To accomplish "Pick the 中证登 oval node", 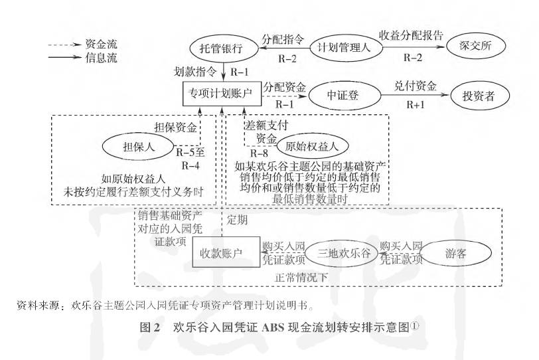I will [344, 95].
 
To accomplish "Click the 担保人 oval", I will [139, 147].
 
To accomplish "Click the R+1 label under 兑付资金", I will [416, 105].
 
